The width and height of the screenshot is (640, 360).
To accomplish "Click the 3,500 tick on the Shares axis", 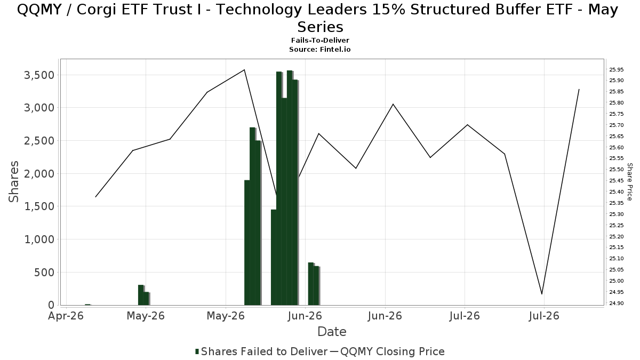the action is pyautogui.click(x=39, y=75).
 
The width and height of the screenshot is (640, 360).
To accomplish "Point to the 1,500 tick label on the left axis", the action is pyautogui.click(x=39, y=206).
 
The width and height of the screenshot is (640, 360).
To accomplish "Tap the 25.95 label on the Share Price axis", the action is pyautogui.click(x=617, y=70).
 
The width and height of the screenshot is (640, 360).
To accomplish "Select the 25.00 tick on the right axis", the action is pyautogui.click(x=617, y=281).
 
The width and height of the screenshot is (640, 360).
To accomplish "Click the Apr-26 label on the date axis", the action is pyautogui.click(x=66, y=316).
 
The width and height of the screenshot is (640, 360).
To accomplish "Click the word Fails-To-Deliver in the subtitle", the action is pyautogui.click(x=320, y=41).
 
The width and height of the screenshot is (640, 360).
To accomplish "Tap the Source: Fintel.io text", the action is pyautogui.click(x=320, y=50).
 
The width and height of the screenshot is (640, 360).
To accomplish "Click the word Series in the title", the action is pyautogui.click(x=320, y=27).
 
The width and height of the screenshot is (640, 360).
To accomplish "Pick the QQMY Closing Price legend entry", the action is pyautogui.click(x=387, y=351).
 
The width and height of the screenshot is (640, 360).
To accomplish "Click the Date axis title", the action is pyautogui.click(x=332, y=332).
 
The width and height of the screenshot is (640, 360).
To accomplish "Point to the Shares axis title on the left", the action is pyautogui.click(x=13, y=182).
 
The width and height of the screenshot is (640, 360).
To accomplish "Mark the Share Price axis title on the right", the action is pyautogui.click(x=629, y=182).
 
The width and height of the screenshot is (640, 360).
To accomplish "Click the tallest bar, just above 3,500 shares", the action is pyautogui.click(x=290, y=188).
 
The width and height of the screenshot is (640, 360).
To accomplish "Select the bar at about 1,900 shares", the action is pyautogui.click(x=247, y=243).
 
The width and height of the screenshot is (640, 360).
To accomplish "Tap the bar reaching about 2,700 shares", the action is pyautogui.click(x=252, y=217).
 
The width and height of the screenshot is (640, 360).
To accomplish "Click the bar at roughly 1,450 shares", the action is pyautogui.click(x=274, y=258).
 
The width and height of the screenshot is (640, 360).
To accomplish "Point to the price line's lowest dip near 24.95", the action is pyautogui.click(x=542, y=294).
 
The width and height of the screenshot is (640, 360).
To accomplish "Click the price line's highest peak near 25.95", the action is pyautogui.click(x=244, y=70).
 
